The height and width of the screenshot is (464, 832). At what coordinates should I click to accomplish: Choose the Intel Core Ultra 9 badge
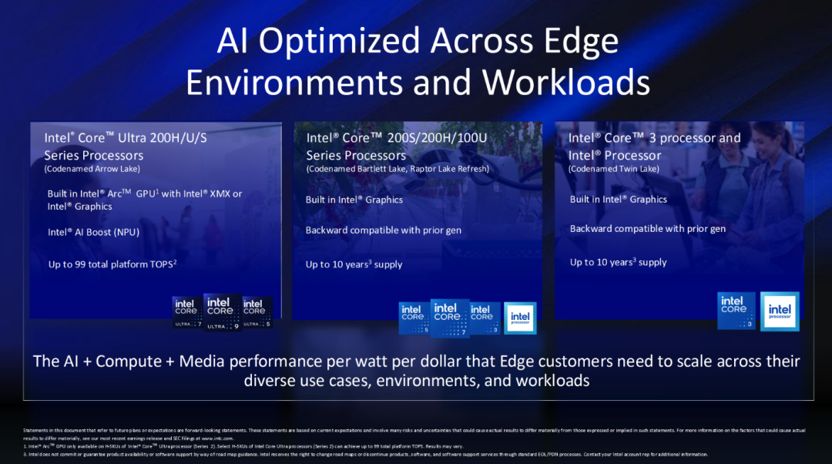click(220, 311)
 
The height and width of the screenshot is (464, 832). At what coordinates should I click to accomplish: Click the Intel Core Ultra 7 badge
click(185, 312)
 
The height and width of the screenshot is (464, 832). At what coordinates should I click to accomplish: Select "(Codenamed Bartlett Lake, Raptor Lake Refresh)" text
click(398, 169)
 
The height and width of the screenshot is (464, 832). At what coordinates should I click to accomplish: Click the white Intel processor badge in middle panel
click(520, 318)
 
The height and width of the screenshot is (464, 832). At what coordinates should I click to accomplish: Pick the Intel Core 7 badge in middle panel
click(448, 318)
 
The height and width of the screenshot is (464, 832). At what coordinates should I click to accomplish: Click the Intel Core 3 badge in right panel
click(735, 311)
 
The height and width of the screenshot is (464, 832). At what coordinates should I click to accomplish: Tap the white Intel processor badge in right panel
click(780, 311)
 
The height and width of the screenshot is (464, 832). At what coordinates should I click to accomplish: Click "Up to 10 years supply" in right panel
click(618, 262)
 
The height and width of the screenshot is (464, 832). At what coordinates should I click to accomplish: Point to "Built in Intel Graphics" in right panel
click(618, 199)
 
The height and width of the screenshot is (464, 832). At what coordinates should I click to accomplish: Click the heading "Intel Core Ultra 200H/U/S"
click(126, 138)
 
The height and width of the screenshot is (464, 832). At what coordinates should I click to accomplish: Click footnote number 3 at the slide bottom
click(25, 454)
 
